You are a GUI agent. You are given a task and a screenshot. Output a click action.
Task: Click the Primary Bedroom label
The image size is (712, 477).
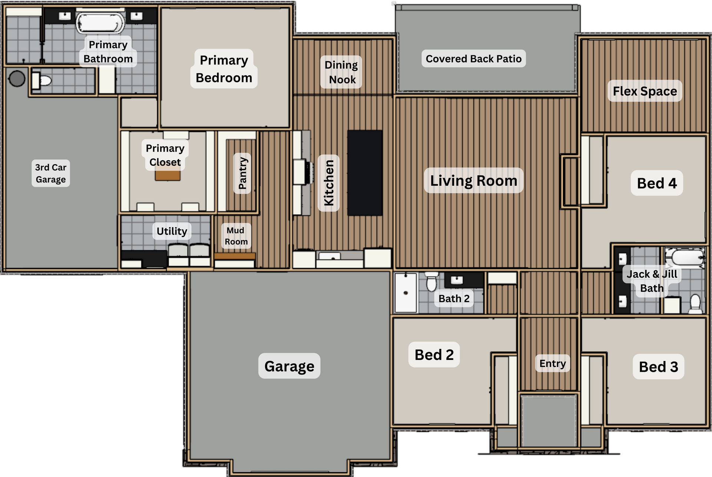pyautogui.click(x=224, y=69)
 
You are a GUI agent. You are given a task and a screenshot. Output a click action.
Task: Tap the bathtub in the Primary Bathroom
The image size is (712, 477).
pyautogui.click(x=100, y=23)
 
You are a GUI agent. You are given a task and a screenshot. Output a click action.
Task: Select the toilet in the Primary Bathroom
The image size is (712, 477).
pyautogui.click(x=42, y=80)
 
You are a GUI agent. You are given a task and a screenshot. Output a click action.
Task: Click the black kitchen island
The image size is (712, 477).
pyautogui.click(x=365, y=173)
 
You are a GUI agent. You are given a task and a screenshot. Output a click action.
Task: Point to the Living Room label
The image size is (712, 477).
pyautogui.click(x=474, y=180)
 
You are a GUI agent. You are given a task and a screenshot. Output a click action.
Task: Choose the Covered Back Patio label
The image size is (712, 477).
pyautogui.click(x=474, y=59)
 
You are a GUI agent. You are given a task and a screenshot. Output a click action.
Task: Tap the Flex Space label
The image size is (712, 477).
pyautogui.click(x=645, y=91)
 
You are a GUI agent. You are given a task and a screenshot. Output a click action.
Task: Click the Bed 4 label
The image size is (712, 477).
pyautogui.click(x=657, y=183)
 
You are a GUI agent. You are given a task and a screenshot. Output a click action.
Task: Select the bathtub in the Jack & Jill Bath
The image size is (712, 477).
pyautogui.click(x=685, y=257)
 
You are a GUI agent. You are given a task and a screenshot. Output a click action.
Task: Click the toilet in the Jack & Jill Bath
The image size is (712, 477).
pyautogui.click(x=695, y=304)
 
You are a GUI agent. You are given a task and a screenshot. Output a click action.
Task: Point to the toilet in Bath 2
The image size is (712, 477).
pyautogui.click(x=431, y=282)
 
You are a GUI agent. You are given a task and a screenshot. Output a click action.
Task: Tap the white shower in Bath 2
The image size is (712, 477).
pyautogui.click(x=406, y=293)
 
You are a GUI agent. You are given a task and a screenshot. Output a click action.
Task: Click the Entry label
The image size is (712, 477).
pyautogui.click(x=553, y=364)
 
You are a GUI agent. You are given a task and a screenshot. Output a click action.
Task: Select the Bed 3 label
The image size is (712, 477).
pyautogui.click(x=658, y=367)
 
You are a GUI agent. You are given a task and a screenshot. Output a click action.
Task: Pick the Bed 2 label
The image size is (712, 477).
pyautogui.click(x=434, y=355)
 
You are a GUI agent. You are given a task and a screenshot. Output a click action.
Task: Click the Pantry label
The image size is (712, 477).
pyautogui.click(x=243, y=173)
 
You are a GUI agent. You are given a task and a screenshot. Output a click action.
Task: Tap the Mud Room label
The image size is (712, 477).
pyautogui.click(x=236, y=236)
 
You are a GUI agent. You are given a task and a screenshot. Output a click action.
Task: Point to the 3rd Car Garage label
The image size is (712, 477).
pyautogui.click(x=51, y=173)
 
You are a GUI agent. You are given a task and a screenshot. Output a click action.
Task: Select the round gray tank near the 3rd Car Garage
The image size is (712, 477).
pyautogui.click(x=17, y=78)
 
